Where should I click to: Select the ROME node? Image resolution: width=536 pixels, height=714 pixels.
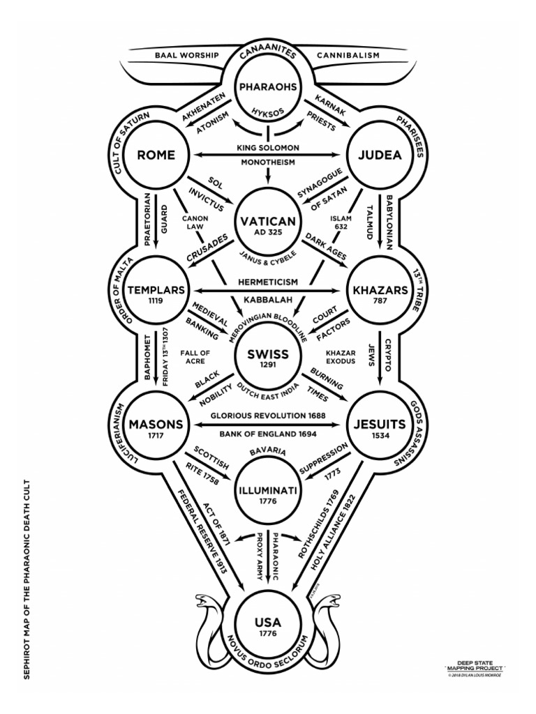click(156, 155)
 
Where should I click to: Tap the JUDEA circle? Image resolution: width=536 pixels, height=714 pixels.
click(380, 155)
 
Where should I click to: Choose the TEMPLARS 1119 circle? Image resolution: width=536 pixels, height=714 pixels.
click(156, 291)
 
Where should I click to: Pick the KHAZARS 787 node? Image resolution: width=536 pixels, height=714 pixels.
click(380, 291)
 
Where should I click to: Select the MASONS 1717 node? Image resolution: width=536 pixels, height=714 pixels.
click(156, 426)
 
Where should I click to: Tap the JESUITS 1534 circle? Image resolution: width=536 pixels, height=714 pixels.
click(380, 426)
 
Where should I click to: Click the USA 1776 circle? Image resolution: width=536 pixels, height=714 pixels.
click(268, 623)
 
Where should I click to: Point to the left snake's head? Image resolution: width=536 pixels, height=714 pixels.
click(200, 601)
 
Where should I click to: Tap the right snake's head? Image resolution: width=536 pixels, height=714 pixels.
click(336, 601)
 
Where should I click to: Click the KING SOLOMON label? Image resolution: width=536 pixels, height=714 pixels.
click(268, 147)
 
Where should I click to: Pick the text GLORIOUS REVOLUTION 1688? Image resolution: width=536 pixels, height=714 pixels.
click(268, 415)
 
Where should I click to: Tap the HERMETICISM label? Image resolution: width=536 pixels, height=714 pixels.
click(268, 282)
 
